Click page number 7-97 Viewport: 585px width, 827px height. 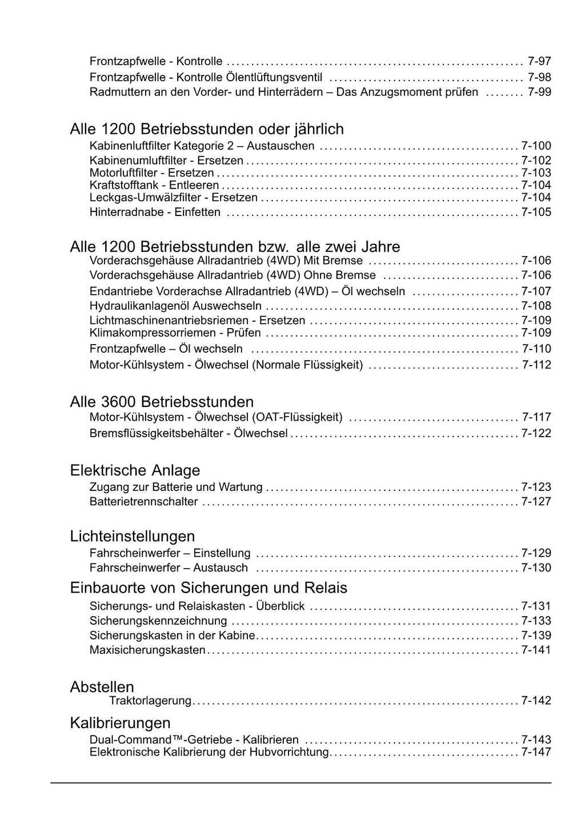tap(539, 61)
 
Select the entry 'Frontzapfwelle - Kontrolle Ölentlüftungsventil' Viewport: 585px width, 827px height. tap(206, 77)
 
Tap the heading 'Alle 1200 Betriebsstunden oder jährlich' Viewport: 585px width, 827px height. tap(207, 129)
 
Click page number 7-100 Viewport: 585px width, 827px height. tap(536, 146)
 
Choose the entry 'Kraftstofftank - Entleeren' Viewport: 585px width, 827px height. tap(154, 185)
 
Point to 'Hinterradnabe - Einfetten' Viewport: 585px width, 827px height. tap(155, 212)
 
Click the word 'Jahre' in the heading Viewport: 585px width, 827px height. tap(380, 247)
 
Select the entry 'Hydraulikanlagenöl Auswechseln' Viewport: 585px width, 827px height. tap(175, 306)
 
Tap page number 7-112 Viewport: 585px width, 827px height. tap(536, 365)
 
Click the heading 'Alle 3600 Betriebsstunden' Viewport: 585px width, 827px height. tap(162, 402)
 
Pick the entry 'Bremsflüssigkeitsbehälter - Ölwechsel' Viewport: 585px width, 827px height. tap(189, 433)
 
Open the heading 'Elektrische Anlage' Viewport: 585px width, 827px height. tap(135, 470)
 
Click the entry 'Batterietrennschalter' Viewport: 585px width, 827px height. tap(143, 502)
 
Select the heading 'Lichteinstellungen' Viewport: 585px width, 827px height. tap(133, 536)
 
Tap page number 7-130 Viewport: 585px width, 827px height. tap(536, 568)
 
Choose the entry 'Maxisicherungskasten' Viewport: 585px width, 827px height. tap(147, 650)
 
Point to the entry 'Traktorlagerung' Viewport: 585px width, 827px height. tap(150, 701)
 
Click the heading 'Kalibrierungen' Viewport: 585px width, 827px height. tap(120, 722)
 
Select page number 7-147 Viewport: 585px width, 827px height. tap(536, 752)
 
